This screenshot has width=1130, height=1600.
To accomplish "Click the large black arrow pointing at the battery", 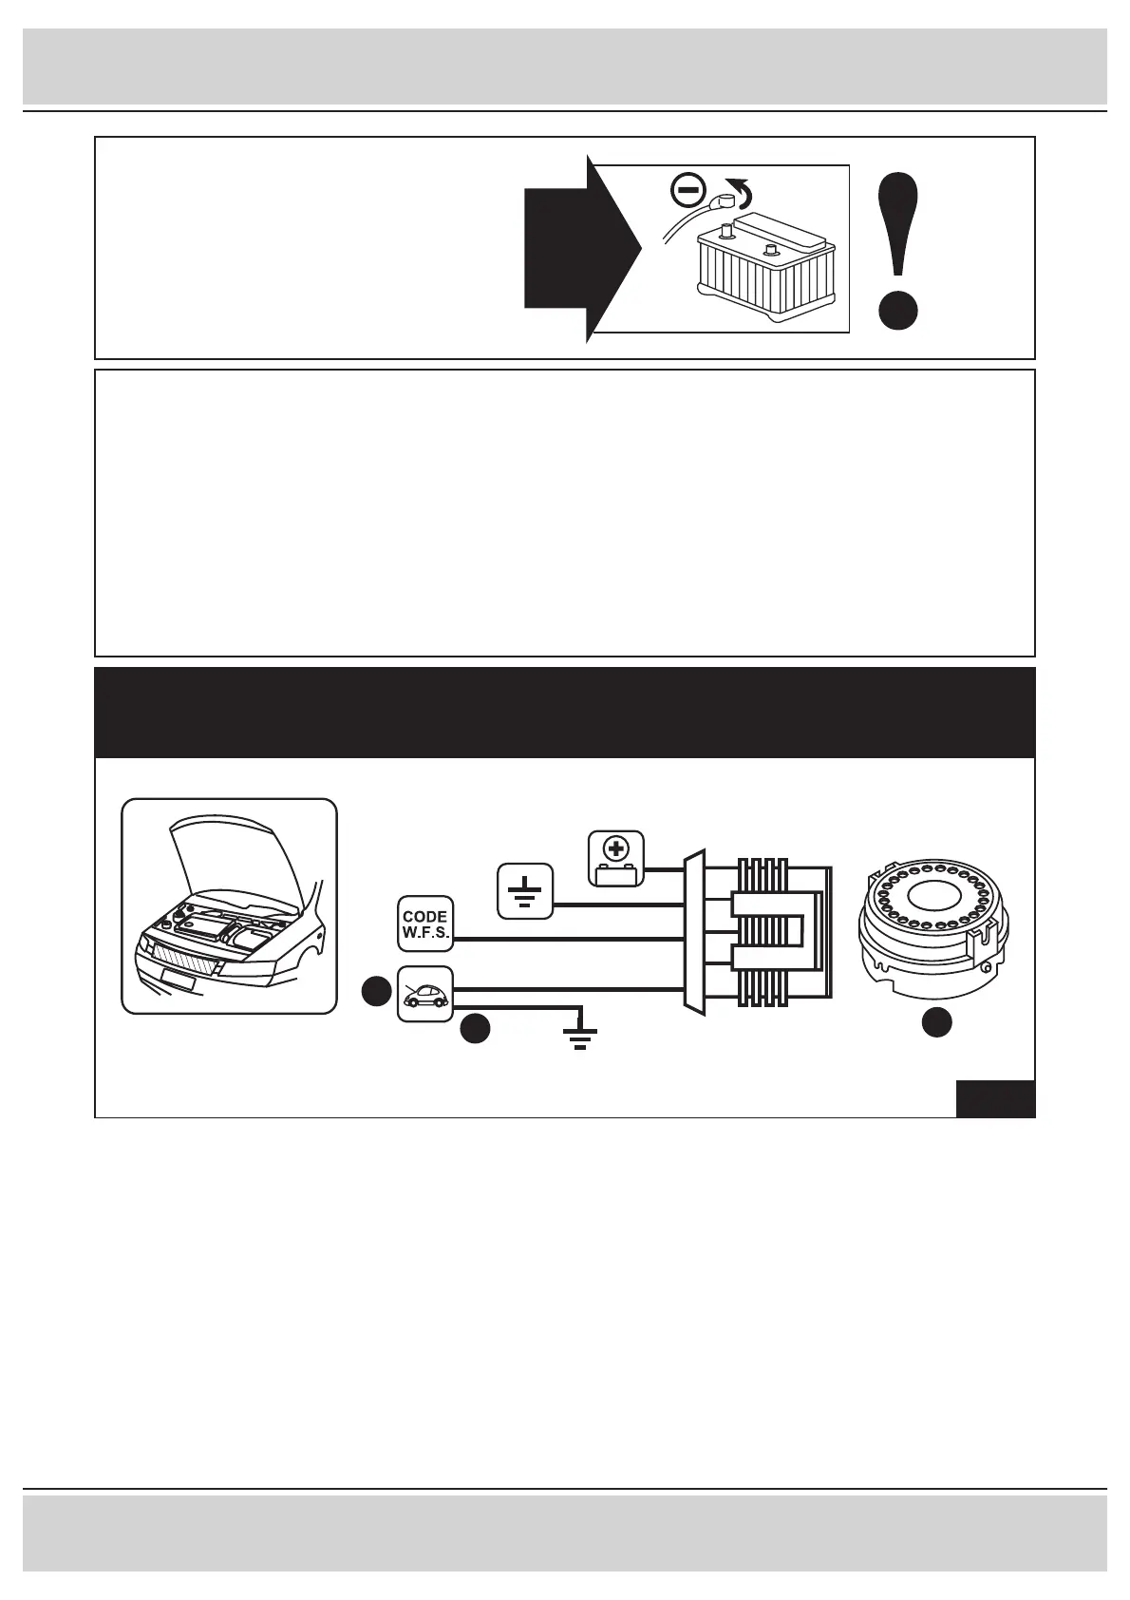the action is coord(574,248).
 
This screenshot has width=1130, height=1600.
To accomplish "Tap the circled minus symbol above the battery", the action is coord(687,191).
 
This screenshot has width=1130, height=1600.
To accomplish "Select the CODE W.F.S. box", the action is coord(424,924).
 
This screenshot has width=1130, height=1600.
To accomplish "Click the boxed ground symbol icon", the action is coord(525,891).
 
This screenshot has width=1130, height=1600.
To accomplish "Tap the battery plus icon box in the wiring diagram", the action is coord(616,858).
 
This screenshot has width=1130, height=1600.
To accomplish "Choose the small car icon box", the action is coord(424,994).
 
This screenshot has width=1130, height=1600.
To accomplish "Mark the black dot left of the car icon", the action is coord(377,991).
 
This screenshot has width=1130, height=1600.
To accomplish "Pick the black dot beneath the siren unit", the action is coord(936,1022).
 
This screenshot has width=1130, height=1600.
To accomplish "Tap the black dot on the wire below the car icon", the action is coord(475,1029).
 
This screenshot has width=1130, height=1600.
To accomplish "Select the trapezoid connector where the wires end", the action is coord(695,931).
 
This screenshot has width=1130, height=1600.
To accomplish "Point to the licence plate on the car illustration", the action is coord(177,978).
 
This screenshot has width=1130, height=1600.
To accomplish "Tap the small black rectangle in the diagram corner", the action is coord(994,1098).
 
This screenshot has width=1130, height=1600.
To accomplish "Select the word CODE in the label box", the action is coord(424,917).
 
